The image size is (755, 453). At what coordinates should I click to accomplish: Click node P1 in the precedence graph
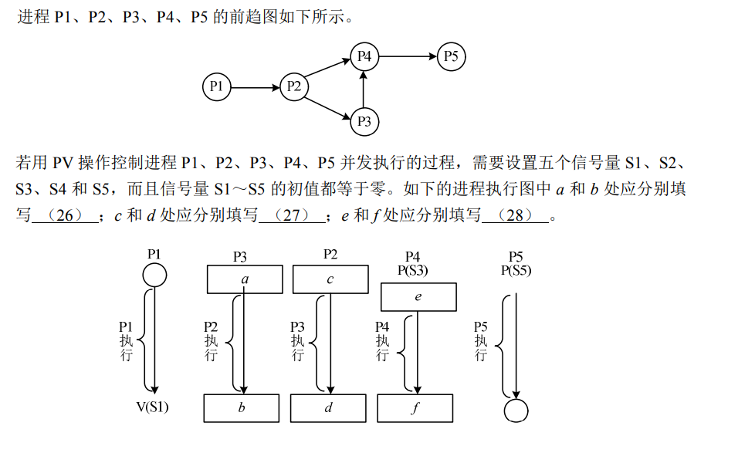pos(216,86)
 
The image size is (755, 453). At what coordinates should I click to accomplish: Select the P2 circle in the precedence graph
pos(293,86)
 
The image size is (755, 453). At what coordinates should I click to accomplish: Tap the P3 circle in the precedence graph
pos(364,121)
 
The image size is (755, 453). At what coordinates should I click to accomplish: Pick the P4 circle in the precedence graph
pos(364,56)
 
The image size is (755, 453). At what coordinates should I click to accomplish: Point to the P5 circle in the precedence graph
pos(451,56)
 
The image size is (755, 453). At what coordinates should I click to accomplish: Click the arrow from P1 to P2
pos(255,86)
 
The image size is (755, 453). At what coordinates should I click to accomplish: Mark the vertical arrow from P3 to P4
pos(364,89)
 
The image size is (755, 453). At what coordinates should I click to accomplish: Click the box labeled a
pos(245,279)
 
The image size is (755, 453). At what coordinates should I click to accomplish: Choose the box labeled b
pos(242,407)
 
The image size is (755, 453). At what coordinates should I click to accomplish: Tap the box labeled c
pos(330,279)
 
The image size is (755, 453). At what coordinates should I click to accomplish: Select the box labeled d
pos(328,407)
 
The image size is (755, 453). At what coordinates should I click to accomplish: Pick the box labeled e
pos(418,297)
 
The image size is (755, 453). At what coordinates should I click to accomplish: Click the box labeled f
pos(415,407)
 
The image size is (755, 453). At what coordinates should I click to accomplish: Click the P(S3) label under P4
pos(412,270)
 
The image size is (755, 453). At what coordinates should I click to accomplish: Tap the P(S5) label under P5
pos(516,270)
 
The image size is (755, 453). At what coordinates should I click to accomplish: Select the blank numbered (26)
pos(65,216)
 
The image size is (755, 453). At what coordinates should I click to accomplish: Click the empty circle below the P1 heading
pos(154,275)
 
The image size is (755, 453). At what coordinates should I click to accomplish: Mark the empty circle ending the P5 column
pos(516,410)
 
